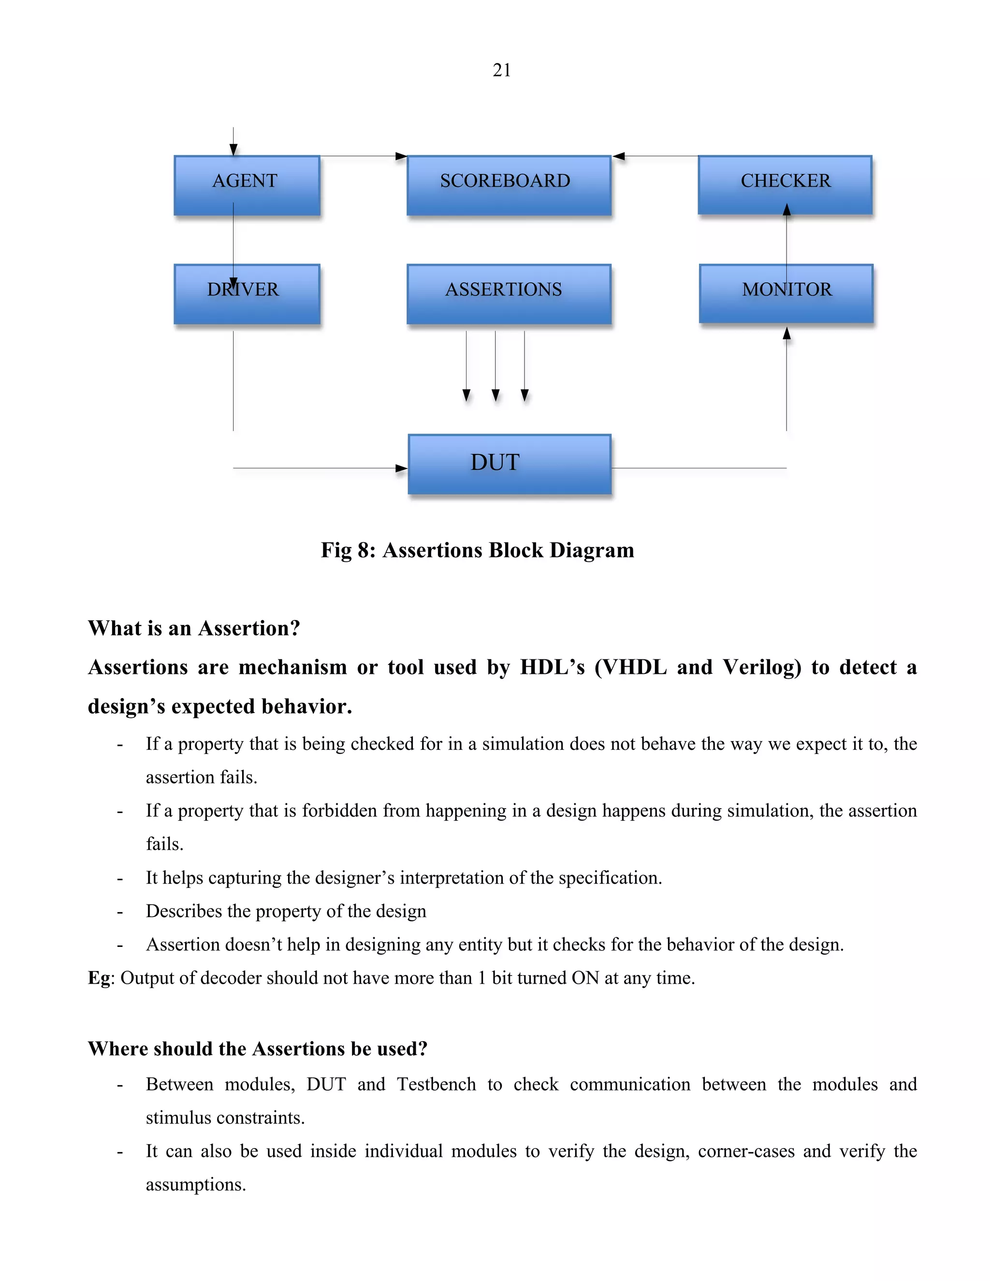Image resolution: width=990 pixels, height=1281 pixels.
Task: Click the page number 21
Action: (501, 71)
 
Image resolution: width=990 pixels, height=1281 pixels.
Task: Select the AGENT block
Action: (247, 185)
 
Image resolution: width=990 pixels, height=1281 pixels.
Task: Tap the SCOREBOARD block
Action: (509, 185)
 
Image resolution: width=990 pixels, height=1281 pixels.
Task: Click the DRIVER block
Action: (247, 294)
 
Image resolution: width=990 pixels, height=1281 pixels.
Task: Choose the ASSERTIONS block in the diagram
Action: (509, 294)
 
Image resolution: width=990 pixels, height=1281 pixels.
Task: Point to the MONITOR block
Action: (786, 293)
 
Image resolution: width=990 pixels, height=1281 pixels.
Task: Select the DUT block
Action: (509, 464)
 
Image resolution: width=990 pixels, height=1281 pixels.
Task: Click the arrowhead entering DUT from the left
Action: (402, 468)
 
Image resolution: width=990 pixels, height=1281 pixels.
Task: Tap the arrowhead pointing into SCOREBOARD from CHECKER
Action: (619, 157)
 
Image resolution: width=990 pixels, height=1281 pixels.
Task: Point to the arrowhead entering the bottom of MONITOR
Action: (786, 333)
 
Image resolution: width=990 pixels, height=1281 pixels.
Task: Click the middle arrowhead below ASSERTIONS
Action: (495, 395)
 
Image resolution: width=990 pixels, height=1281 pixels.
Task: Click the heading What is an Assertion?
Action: (193, 628)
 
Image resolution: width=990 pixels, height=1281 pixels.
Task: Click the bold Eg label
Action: (99, 978)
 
